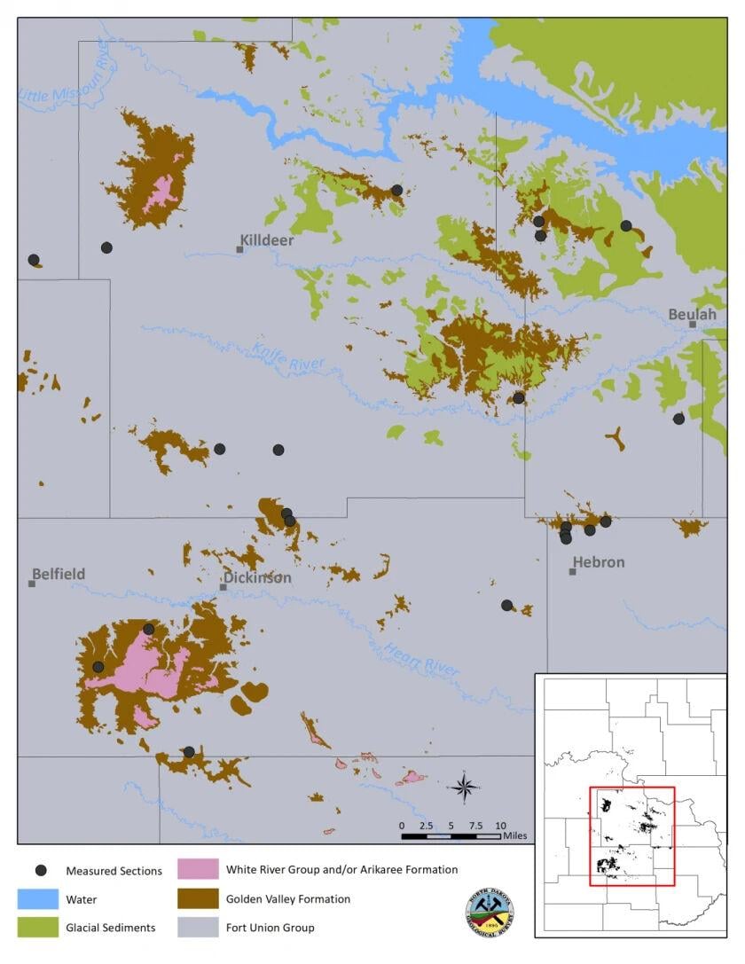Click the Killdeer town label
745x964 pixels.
coord(267,239)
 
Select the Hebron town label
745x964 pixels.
coord(599,561)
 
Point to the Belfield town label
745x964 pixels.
coord(59,574)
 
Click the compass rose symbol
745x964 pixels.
coord(465,787)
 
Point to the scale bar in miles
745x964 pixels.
coord(451,835)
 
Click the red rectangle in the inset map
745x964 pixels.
coord(632,836)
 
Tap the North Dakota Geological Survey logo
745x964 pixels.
coord(490,912)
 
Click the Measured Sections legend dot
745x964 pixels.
coord(40,870)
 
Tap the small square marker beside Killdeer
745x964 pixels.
coord(239,249)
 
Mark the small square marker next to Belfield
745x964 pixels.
coord(32,584)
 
